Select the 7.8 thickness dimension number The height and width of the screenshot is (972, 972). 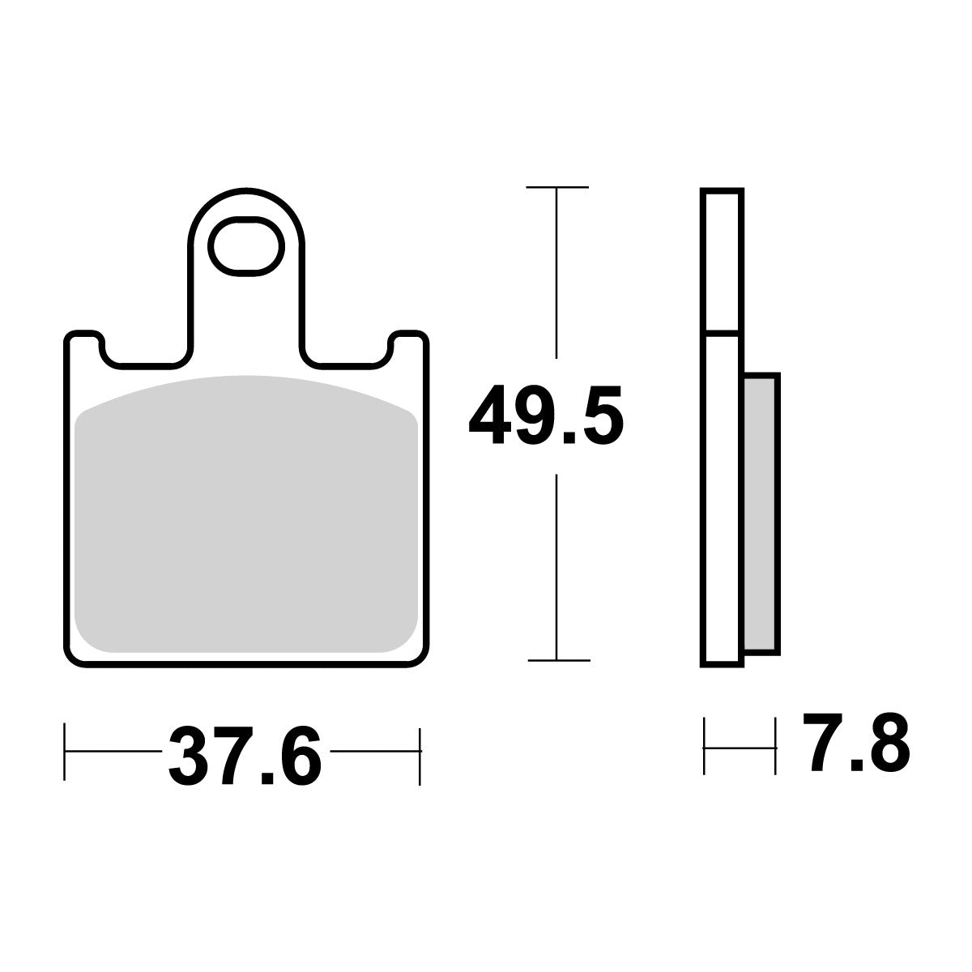click(855, 740)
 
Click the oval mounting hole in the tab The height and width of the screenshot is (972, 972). click(249, 245)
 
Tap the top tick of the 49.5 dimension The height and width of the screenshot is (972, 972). click(556, 188)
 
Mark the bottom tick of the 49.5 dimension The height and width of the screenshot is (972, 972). click(557, 659)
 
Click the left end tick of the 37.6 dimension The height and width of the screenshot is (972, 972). click(65, 750)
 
